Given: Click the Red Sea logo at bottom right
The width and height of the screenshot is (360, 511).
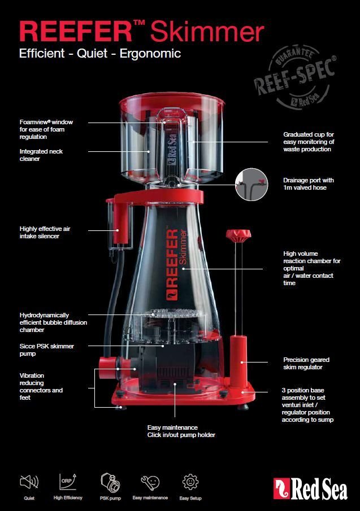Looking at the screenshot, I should (x=310, y=489).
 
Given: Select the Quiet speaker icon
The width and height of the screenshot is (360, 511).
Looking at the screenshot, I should (x=29, y=483).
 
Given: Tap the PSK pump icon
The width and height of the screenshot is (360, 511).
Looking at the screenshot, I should (x=110, y=483).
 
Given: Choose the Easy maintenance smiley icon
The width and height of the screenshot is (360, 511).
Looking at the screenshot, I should (x=150, y=483).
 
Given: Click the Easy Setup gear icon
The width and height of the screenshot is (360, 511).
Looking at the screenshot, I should (x=190, y=483).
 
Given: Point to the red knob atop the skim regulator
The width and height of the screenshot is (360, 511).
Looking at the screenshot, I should (x=234, y=235).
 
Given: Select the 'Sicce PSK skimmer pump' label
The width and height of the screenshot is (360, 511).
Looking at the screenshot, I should (x=47, y=350).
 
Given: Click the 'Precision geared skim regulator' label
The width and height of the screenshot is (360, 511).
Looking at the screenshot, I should (x=306, y=363).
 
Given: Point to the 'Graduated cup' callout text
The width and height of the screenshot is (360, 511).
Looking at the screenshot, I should (x=308, y=142).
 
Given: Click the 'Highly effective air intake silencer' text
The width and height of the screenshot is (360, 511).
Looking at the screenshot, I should (x=45, y=232).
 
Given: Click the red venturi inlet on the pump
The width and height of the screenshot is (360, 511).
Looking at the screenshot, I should (x=105, y=368).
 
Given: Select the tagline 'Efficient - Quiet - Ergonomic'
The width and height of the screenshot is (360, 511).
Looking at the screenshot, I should (x=100, y=54).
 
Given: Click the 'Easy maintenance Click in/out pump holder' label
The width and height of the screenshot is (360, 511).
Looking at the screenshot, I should (x=181, y=431).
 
